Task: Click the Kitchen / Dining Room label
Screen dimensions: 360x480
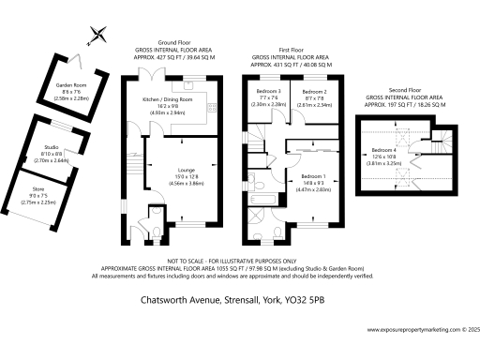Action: click(169, 98)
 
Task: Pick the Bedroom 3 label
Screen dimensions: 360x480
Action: click(269, 90)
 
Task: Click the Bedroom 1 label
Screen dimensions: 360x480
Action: click(313, 176)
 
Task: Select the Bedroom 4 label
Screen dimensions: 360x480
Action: click(384, 150)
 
